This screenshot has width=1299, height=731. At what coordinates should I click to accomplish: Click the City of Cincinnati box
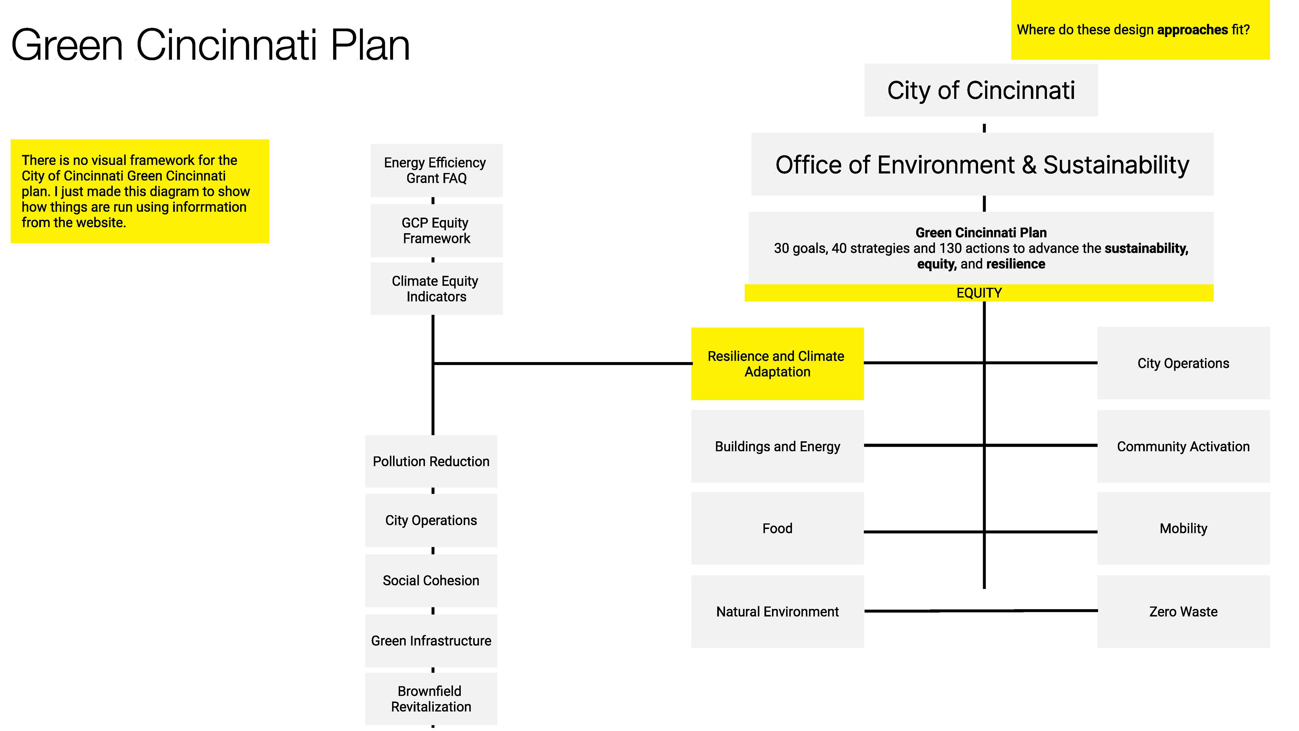tap(980, 90)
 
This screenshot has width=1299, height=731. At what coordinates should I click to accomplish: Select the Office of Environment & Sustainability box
tap(982, 164)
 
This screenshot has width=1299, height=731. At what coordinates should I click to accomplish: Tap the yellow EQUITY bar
tap(979, 293)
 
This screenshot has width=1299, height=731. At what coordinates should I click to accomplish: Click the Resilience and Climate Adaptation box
tap(777, 364)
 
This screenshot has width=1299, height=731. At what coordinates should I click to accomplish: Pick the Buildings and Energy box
tap(777, 446)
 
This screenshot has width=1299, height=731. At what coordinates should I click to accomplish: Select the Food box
tap(777, 528)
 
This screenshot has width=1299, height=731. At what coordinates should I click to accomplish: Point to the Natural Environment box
tap(777, 612)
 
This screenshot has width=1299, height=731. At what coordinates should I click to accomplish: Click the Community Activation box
tap(1183, 446)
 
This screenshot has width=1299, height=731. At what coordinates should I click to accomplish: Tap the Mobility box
tap(1183, 528)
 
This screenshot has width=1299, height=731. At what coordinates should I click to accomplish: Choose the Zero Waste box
tap(1183, 612)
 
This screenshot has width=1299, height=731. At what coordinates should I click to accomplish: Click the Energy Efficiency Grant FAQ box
tap(436, 171)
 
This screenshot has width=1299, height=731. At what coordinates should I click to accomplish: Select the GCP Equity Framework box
tap(436, 230)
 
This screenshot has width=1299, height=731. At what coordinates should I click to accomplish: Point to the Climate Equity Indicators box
tap(436, 289)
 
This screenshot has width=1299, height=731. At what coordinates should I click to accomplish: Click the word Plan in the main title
tap(370, 45)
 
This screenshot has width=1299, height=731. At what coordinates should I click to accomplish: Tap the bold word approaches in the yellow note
tap(1192, 30)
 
